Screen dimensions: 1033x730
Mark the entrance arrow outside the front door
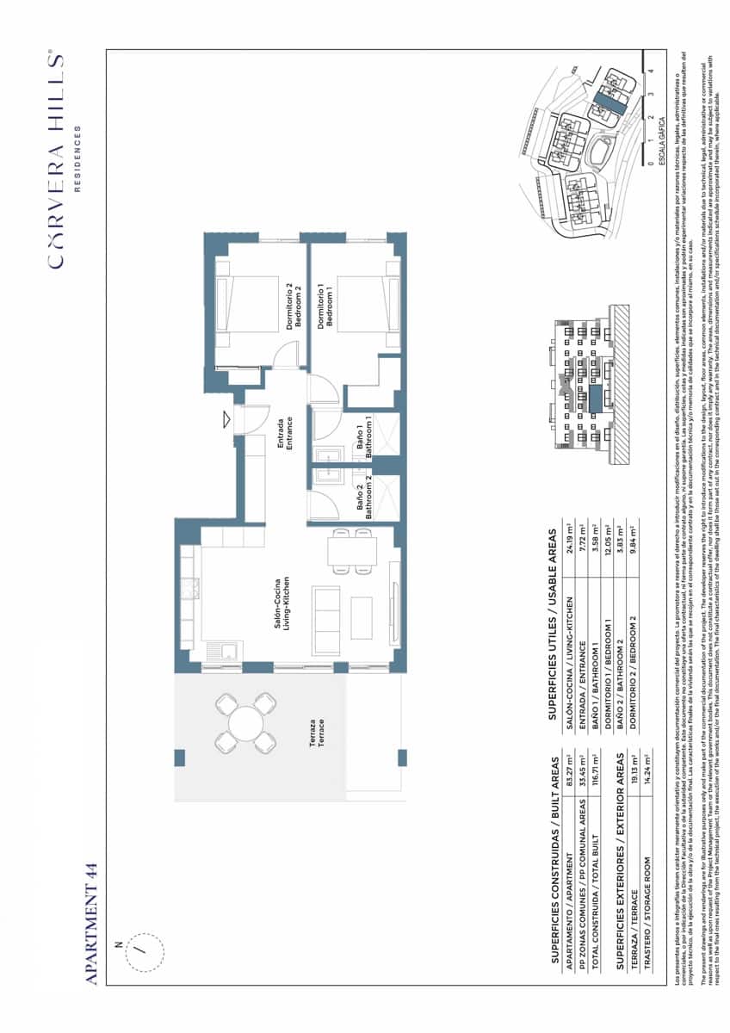pos(226,419)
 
